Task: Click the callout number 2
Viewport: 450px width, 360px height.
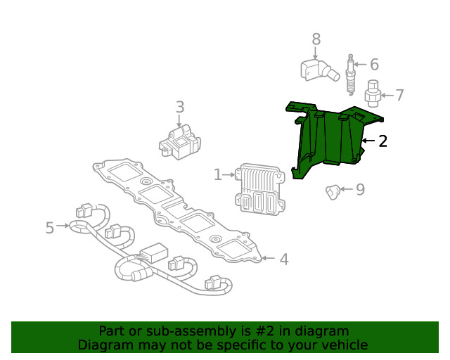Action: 382,141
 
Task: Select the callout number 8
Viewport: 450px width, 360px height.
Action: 316,39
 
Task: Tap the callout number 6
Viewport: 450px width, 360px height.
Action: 374,65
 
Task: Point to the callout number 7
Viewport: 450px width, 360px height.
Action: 399,95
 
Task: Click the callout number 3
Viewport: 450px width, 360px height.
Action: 180,107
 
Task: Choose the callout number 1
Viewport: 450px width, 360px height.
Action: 218,174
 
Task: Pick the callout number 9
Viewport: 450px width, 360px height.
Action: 360,189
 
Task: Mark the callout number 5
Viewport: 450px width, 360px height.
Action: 49,227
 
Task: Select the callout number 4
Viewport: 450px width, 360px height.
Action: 283,259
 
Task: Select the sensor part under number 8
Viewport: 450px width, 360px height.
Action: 314,70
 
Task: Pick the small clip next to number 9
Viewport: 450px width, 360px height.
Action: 333,190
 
